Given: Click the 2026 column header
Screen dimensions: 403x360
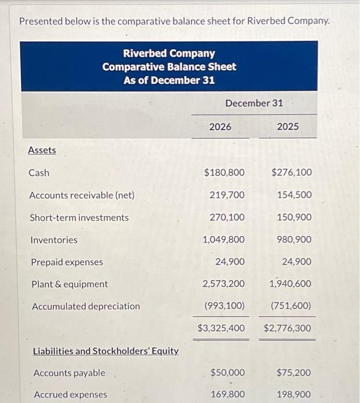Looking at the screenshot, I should (x=220, y=127).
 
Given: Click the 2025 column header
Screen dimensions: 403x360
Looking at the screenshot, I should (x=287, y=127).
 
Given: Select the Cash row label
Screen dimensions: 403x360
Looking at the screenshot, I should (x=39, y=173).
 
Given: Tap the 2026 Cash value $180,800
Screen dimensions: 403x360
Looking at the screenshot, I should (x=224, y=172).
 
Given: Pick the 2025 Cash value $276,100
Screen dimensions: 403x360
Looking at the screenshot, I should (x=291, y=172).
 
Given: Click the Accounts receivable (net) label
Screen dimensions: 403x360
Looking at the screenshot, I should (x=82, y=195).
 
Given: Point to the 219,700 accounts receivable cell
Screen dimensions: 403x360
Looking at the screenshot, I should (x=227, y=195).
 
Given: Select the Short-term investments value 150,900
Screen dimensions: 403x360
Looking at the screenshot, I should (x=294, y=217).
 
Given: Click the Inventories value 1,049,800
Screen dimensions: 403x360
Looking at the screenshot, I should (x=223, y=239).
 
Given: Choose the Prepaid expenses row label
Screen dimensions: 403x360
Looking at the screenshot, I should (x=67, y=262).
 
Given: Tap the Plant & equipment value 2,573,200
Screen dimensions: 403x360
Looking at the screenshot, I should (x=223, y=284).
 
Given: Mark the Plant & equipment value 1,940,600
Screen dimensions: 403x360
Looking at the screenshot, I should (x=291, y=284).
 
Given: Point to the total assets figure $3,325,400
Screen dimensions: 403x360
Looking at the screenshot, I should (x=221, y=328).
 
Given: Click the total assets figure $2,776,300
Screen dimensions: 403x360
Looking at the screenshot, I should (x=287, y=328).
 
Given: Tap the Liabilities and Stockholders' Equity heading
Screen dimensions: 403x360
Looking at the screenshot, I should (x=105, y=351).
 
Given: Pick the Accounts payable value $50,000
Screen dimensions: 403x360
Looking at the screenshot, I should (x=228, y=372).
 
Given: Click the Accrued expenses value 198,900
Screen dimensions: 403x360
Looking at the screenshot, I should (x=294, y=394).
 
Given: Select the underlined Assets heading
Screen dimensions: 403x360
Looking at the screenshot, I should (x=42, y=150).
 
